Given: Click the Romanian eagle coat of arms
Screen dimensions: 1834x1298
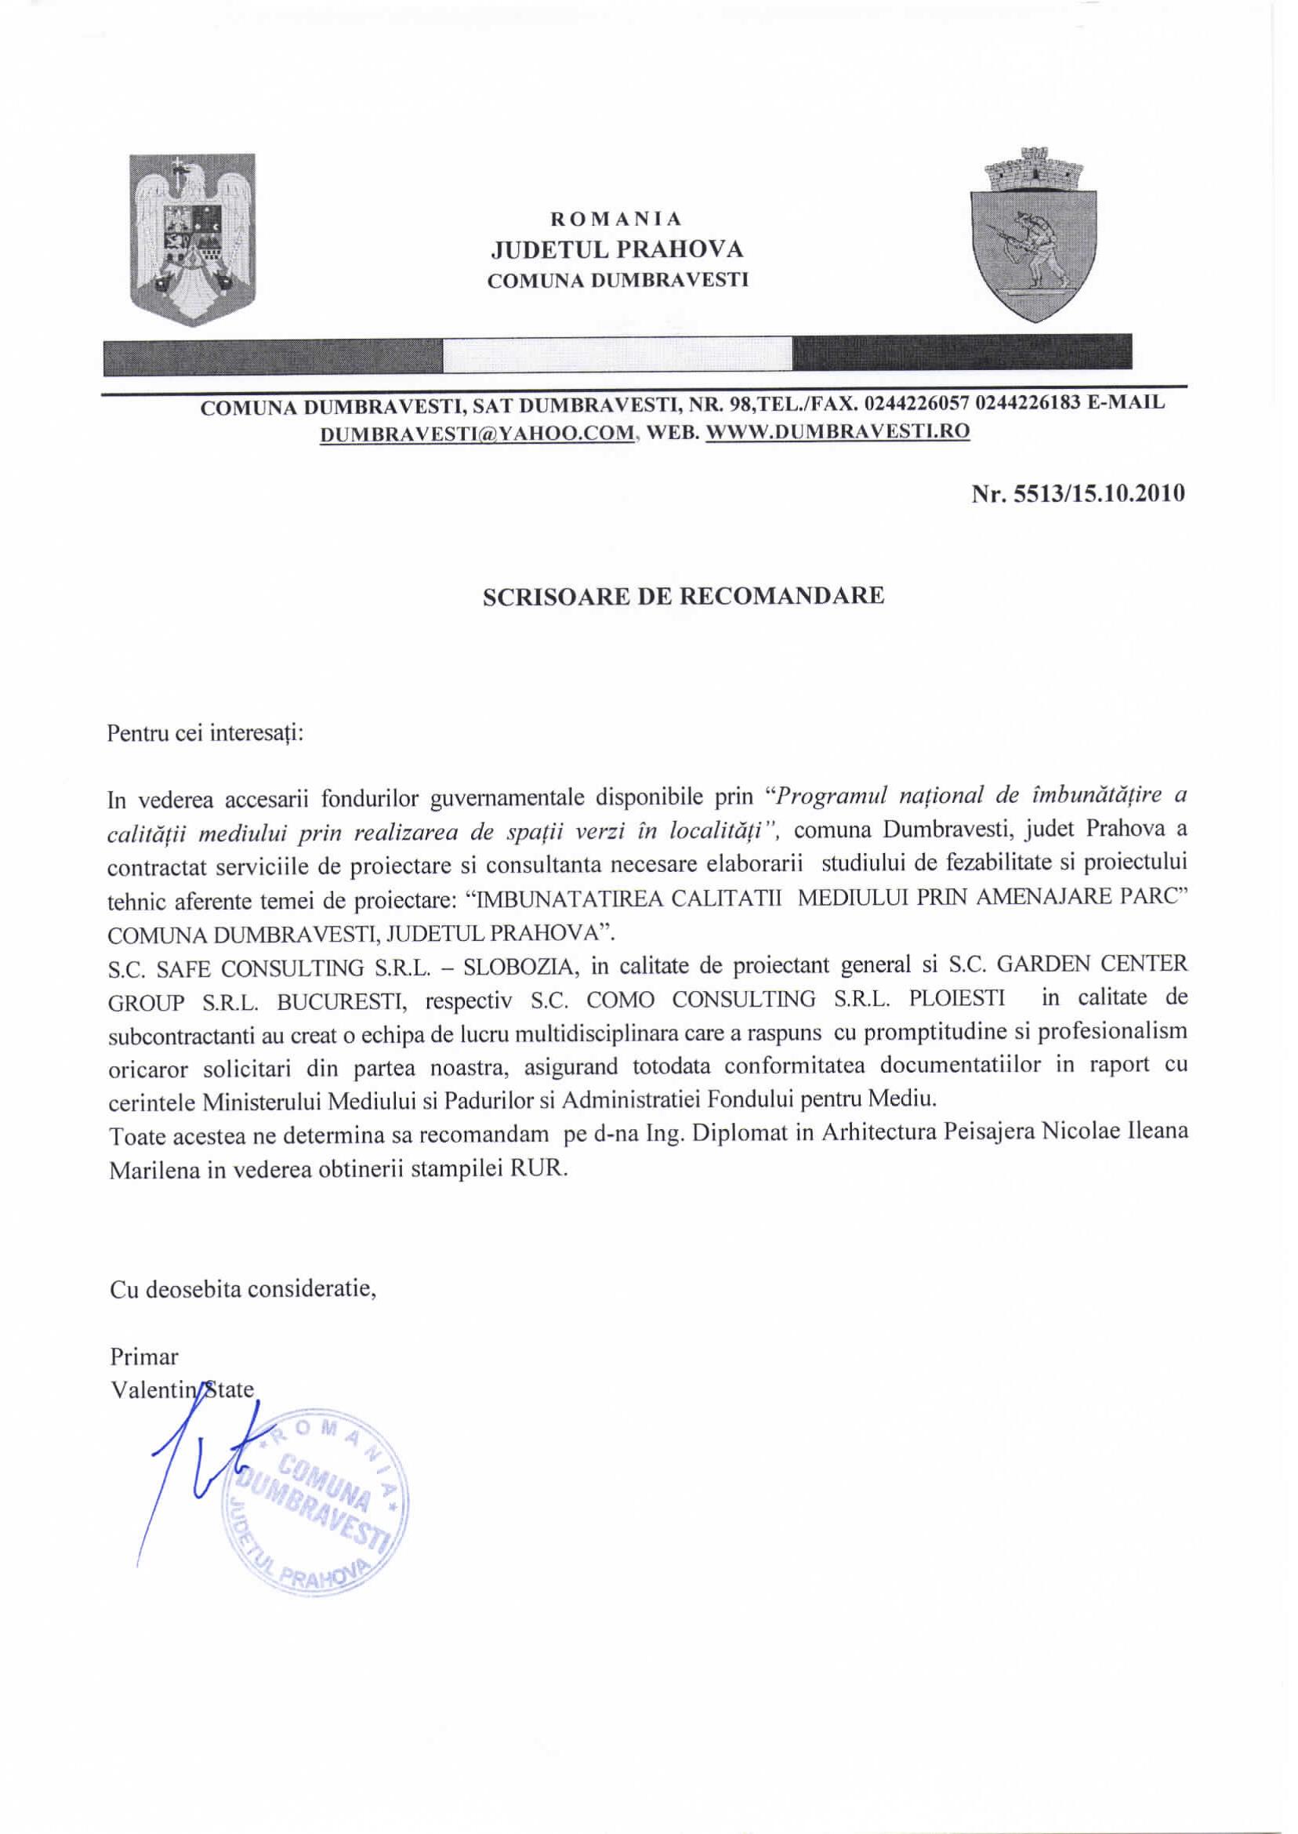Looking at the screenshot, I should pyautogui.click(x=193, y=240).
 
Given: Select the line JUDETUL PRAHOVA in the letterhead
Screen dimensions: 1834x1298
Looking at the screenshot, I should pyautogui.click(x=616, y=250).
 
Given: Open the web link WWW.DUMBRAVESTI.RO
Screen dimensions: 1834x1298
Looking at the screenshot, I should pyautogui.click(x=839, y=433).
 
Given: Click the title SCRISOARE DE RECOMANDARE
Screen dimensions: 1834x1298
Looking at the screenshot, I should pyautogui.click(x=683, y=597).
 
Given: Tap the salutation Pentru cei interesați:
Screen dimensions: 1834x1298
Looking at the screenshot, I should pyautogui.click(x=205, y=733).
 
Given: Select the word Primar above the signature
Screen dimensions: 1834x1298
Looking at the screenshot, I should pyautogui.click(x=144, y=1357).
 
